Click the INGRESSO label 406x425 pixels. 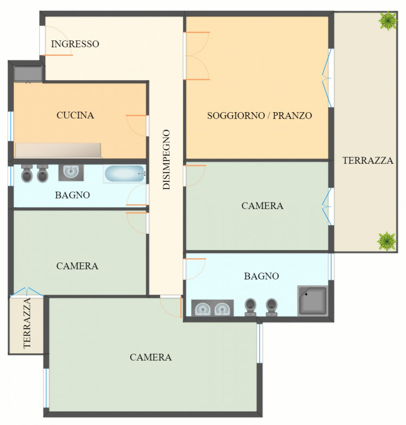75,44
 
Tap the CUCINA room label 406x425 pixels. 75,115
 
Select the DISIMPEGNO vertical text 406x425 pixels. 166,160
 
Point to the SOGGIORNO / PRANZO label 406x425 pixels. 259,115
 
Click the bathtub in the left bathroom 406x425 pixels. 125,174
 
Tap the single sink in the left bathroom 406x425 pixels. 71,172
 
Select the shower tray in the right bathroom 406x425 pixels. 312,300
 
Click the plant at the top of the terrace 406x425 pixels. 388,20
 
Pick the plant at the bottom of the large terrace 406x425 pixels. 387,241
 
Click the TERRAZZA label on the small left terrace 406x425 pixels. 27,323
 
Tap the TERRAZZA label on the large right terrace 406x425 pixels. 368,160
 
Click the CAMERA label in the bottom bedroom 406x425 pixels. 151,357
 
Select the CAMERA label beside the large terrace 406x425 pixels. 263,206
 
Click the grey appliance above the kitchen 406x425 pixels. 28,74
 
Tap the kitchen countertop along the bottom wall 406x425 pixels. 58,150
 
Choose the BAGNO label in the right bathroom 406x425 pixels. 261,276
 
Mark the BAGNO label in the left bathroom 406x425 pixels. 72,195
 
